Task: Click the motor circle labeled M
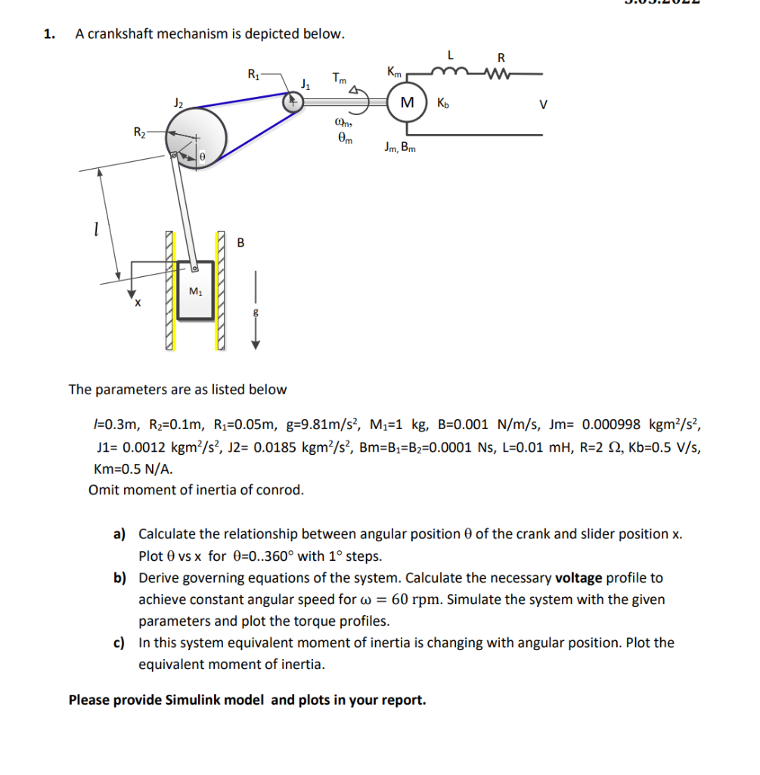point(407,102)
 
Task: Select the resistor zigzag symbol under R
point(500,73)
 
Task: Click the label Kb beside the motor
point(442,103)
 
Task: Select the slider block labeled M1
point(195,290)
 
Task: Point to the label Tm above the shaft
point(339,77)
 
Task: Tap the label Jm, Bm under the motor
point(399,148)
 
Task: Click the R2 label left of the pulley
point(140,133)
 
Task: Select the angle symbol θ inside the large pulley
point(202,156)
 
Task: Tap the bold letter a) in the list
point(119,534)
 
